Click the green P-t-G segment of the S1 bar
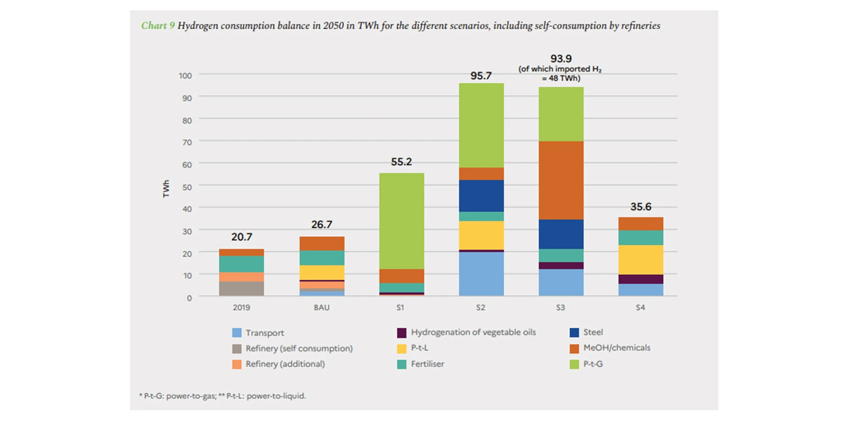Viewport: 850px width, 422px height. pyautogui.click(x=402, y=221)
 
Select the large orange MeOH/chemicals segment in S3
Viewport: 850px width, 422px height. pyautogui.click(x=561, y=180)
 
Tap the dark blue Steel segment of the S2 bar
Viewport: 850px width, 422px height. pyautogui.click(x=481, y=195)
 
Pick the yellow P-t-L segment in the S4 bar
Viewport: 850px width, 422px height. pyautogui.click(x=641, y=260)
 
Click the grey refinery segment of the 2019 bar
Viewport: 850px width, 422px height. pyautogui.click(x=242, y=289)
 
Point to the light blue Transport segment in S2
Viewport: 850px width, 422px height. pyautogui.click(x=481, y=274)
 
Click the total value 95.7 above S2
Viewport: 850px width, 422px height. pyautogui.click(x=481, y=76)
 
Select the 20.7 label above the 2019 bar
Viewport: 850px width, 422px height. pyautogui.click(x=242, y=237)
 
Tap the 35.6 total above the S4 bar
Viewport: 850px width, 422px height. pyautogui.click(x=641, y=207)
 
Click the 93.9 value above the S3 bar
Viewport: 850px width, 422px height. pyautogui.click(x=561, y=59)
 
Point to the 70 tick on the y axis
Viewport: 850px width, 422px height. pyautogui.click(x=187, y=142)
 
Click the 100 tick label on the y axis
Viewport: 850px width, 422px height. pyautogui.click(x=185, y=76)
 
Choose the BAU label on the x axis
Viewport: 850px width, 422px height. pyautogui.click(x=321, y=308)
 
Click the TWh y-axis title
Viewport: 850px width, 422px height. pyautogui.click(x=166, y=188)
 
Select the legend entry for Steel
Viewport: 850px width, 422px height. pyautogui.click(x=592, y=332)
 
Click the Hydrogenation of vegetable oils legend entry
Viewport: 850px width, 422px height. pyautogui.click(x=473, y=332)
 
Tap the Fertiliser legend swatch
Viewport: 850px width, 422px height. pyautogui.click(x=402, y=364)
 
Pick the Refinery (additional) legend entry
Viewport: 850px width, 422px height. pyautogui.click(x=285, y=364)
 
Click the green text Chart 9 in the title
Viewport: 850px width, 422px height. pyautogui.click(x=158, y=26)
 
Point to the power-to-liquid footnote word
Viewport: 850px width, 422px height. pyautogui.click(x=275, y=396)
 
